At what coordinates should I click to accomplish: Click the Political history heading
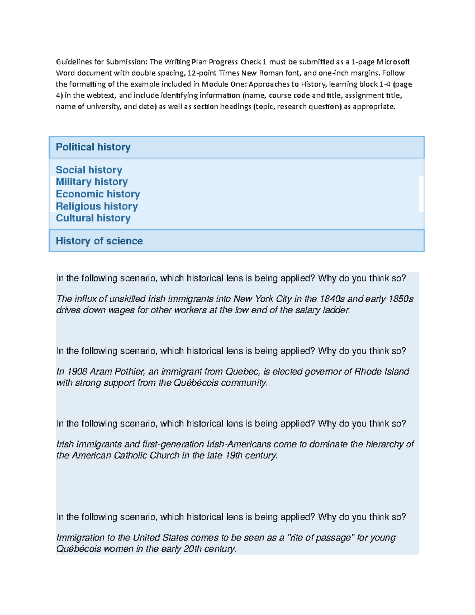(93, 147)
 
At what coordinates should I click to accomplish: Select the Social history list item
(89, 170)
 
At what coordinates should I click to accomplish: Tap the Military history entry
(91, 182)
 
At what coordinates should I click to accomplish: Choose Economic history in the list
(98, 194)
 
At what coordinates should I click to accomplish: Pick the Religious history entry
(97, 206)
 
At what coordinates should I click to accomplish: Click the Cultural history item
(93, 218)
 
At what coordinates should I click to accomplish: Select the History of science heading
(99, 241)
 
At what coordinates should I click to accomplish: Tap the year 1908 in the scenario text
(77, 371)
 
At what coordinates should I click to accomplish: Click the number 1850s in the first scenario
(401, 299)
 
